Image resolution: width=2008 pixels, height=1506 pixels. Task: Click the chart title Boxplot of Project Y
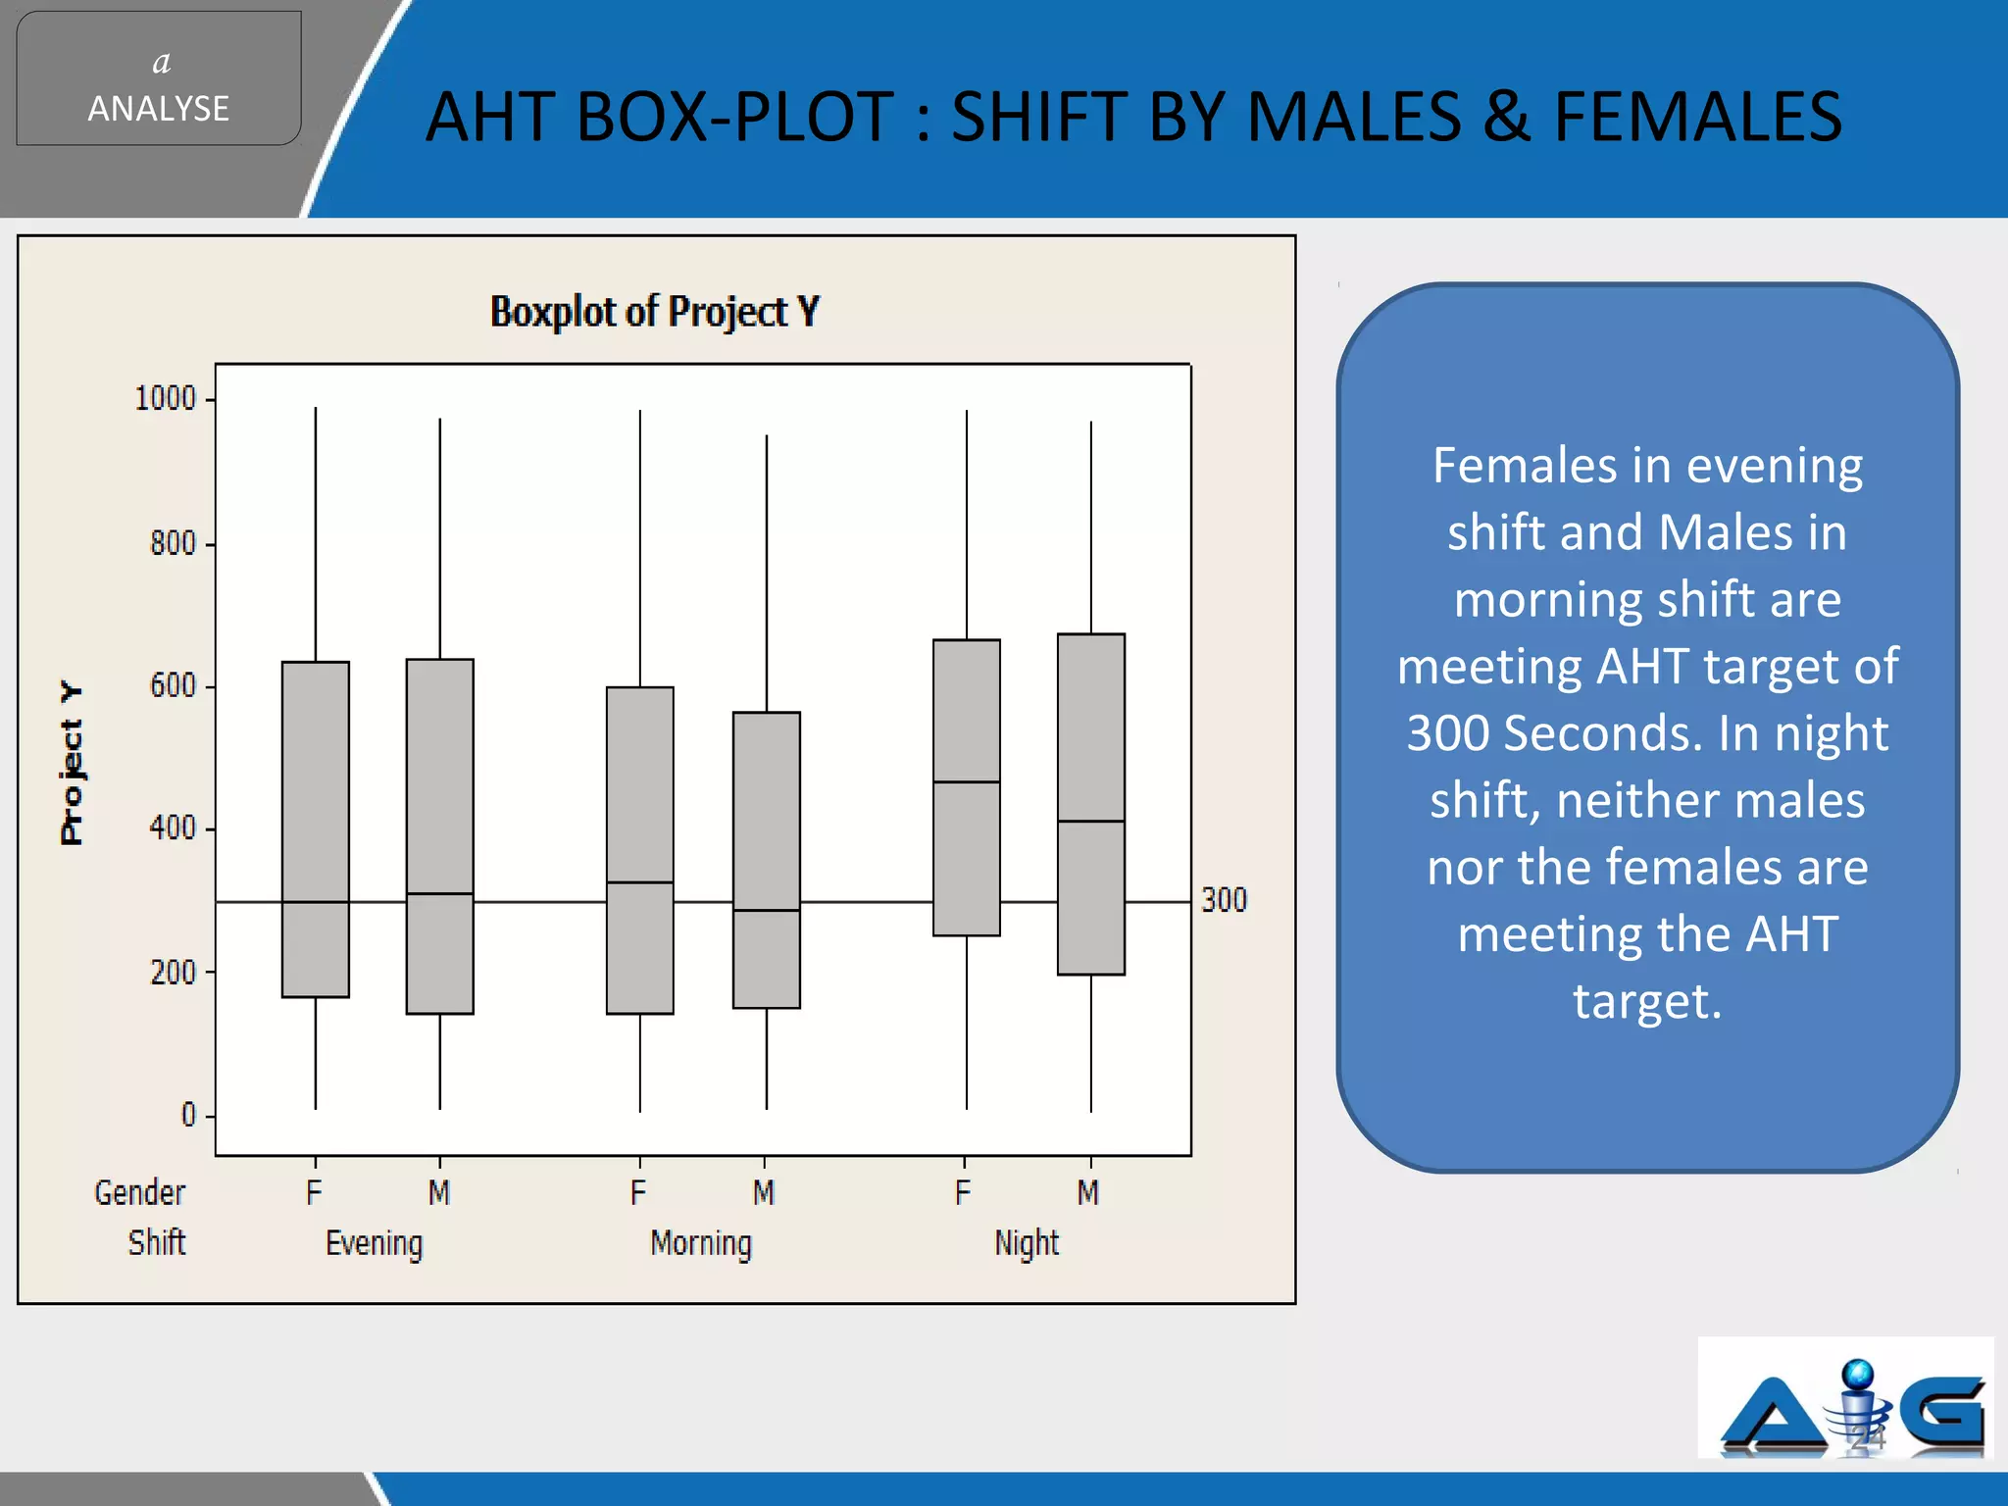(x=654, y=312)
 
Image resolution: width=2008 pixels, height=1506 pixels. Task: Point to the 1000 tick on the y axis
(x=166, y=399)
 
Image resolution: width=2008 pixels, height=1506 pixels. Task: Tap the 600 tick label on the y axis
(x=173, y=685)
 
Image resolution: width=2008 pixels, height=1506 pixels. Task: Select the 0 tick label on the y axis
(x=188, y=1115)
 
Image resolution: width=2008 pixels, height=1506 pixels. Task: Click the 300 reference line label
(x=1224, y=900)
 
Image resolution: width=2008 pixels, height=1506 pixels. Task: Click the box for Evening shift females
(x=316, y=828)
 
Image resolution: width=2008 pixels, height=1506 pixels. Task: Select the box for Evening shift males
(x=440, y=835)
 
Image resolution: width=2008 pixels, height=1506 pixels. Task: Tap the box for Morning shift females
(x=640, y=849)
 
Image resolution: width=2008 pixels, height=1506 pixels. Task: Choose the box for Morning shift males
(x=767, y=859)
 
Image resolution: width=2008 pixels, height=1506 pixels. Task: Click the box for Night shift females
(x=967, y=787)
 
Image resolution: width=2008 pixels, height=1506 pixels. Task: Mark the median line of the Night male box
(x=1091, y=821)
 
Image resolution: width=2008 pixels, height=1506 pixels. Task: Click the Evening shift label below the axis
(x=375, y=1243)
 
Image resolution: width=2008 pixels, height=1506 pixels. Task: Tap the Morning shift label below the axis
(x=701, y=1243)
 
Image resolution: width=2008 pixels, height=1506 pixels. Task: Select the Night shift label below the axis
(x=1027, y=1243)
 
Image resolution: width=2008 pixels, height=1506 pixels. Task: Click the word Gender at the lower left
(x=139, y=1192)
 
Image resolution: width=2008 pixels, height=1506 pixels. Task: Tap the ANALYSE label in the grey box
(x=159, y=108)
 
